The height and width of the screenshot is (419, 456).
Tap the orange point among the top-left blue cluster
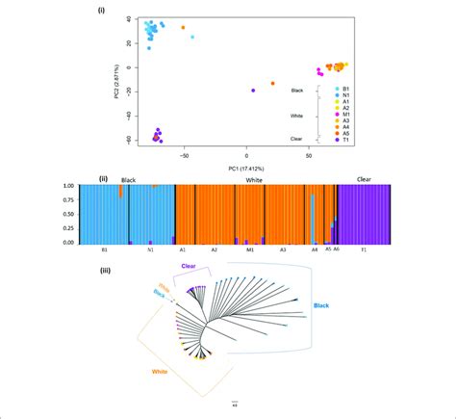183,27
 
